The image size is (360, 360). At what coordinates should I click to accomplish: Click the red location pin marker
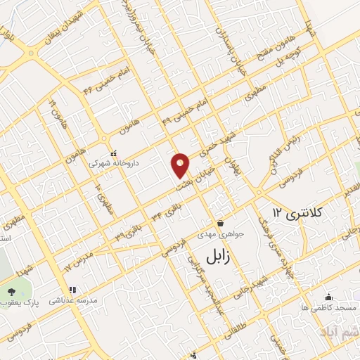[x=181, y=165]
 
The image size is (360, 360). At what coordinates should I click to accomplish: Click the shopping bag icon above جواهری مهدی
[x=220, y=223]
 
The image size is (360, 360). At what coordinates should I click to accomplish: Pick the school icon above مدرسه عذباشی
[x=71, y=290]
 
